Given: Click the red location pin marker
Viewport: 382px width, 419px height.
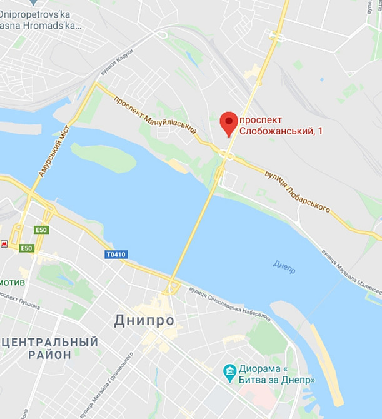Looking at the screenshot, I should [229, 123].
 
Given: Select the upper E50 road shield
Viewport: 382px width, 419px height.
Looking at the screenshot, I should [41, 230].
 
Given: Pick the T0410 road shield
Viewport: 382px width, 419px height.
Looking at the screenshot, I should [116, 255].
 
